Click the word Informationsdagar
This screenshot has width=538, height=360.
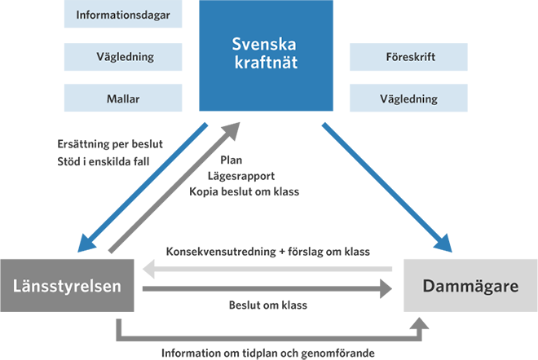122,15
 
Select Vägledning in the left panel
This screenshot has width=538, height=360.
125,57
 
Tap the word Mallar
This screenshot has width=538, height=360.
123,99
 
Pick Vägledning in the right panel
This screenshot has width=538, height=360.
408,99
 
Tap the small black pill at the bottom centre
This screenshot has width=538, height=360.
268,309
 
